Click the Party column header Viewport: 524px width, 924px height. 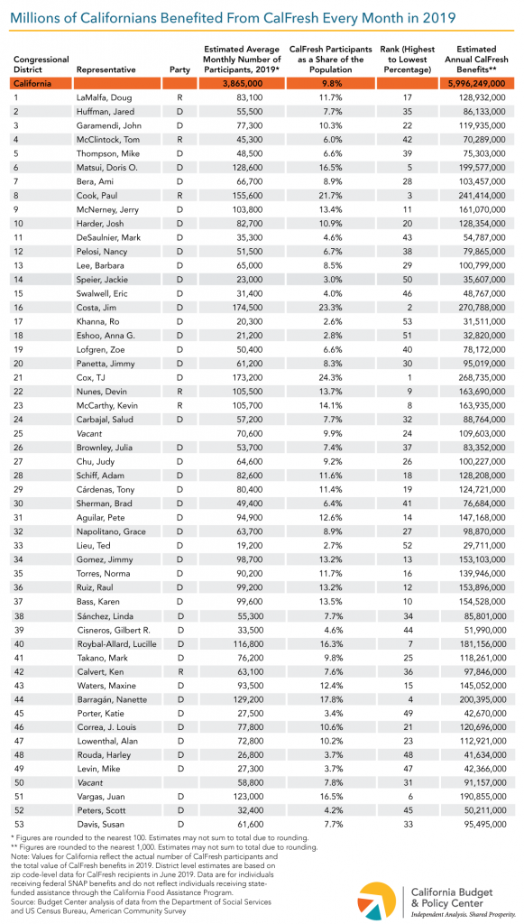(179, 69)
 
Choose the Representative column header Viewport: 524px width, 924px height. (106, 69)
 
